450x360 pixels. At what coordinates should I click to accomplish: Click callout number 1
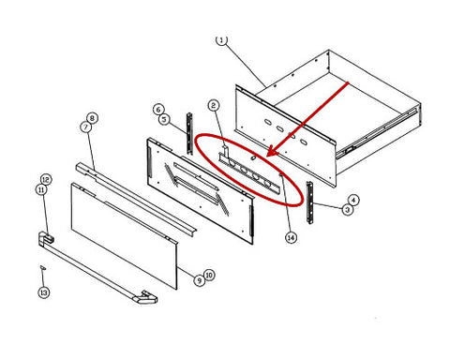221,40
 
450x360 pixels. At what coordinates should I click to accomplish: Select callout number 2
213,105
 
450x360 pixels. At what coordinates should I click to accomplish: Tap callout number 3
347,209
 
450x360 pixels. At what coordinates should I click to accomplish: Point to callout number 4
353,200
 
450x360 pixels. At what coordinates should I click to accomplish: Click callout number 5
164,119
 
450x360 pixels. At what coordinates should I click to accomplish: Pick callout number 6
158,110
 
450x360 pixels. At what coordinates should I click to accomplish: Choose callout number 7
86,127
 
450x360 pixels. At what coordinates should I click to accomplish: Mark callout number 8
92,118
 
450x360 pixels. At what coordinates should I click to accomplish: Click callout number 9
200,280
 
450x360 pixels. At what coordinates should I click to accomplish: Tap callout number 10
209,275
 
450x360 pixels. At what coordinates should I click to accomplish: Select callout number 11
41,189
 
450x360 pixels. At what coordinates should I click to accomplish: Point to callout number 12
46,180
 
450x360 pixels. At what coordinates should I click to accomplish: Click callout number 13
44,292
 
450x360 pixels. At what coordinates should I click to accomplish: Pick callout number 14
291,238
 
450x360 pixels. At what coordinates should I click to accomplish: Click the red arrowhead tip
268,156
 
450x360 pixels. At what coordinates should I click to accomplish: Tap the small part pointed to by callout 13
43,267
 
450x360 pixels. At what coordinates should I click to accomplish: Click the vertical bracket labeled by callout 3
309,202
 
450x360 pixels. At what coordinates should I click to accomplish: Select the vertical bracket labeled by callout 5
189,133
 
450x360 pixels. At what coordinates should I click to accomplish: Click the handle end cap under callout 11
46,238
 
